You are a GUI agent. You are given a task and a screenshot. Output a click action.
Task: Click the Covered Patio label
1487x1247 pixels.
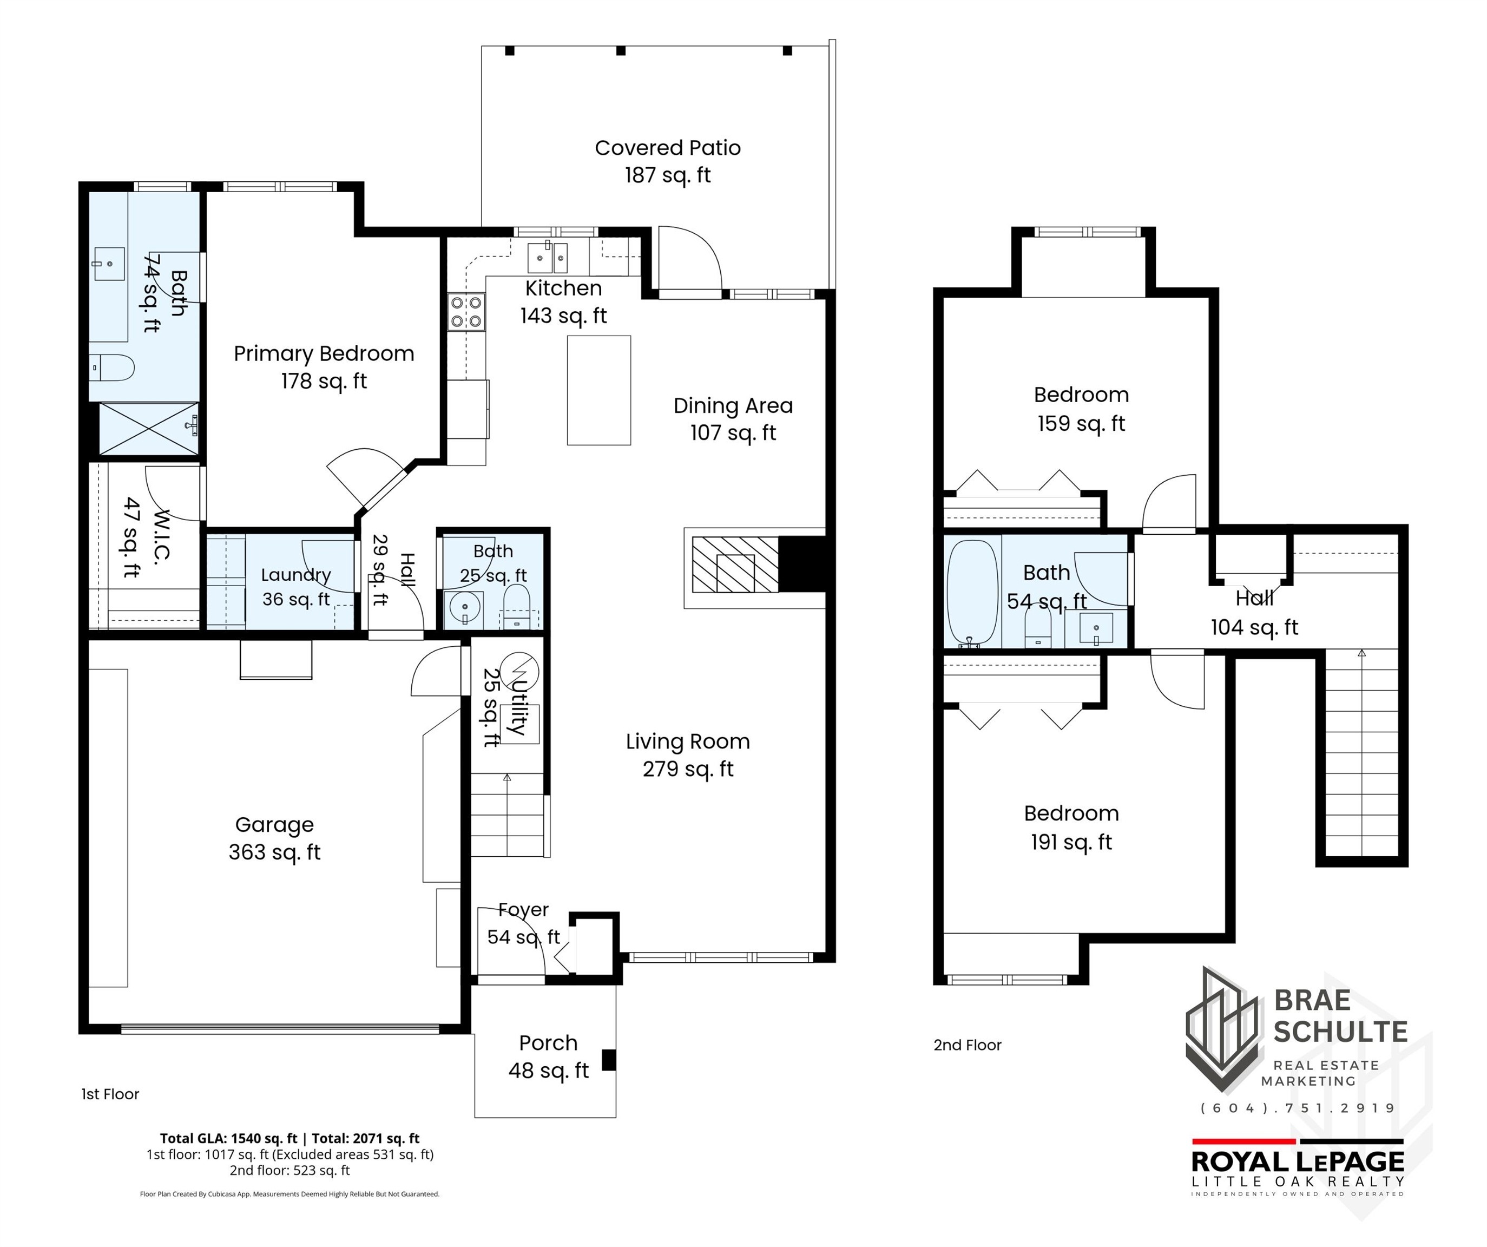pyautogui.click(x=668, y=161)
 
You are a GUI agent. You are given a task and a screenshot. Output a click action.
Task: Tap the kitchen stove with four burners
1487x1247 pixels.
pyautogui.click(x=466, y=312)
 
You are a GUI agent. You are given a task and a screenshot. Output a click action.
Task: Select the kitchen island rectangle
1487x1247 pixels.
pyautogui.click(x=599, y=390)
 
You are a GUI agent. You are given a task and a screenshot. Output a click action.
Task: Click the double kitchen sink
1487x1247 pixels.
pyautogui.click(x=548, y=257)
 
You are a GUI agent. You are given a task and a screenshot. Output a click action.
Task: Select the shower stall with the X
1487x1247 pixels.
pyautogui.click(x=149, y=429)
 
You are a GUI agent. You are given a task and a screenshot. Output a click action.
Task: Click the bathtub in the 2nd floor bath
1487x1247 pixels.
pyautogui.click(x=972, y=593)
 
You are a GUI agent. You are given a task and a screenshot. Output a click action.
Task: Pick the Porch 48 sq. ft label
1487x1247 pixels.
pyautogui.click(x=549, y=1056)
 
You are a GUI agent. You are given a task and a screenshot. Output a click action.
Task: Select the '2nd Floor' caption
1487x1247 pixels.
pyautogui.click(x=968, y=1045)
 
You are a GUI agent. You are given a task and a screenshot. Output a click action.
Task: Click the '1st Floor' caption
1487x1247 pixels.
pyautogui.click(x=110, y=1094)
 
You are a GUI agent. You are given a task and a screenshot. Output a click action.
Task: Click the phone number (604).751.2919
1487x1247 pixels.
pyautogui.click(x=1298, y=1108)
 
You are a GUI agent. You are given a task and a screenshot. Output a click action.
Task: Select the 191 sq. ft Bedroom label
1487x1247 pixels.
pyautogui.click(x=1071, y=827)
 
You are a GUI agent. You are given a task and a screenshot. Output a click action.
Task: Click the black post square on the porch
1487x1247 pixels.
pyautogui.click(x=609, y=1060)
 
